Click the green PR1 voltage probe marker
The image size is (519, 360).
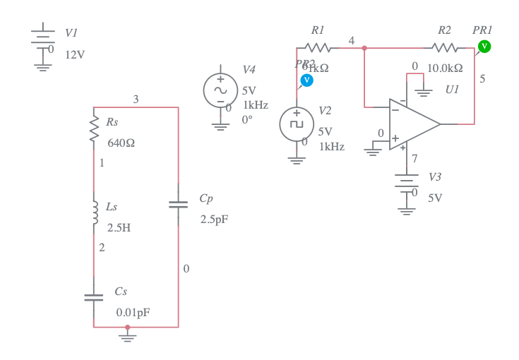pyautogui.click(x=484, y=46)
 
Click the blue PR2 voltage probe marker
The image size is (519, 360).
pyautogui.click(x=306, y=80)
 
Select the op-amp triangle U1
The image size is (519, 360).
pyautogui.click(x=412, y=124)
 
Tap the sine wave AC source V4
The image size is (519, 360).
pyautogui.click(x=220, y=90)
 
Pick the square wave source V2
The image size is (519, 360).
pyautogui.click(x=297, y=124)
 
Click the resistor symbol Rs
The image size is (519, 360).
pyautogui.click(x=93, y=129)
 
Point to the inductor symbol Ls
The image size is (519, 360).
pyautogui.click(x=93, y=212)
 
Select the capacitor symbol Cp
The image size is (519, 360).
pyautogui.click(x=178, y=205)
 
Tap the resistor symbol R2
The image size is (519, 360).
pyautogui.click(x=444, y=48)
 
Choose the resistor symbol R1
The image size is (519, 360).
pyautogui.click(x=318, y=48)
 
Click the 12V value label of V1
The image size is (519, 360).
pyautogui.click(x=75, y=54)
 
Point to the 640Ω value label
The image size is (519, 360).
pyautogui.click(x=121, y=143)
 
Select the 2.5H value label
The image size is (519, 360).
pyautogui.click(x=119, y=228)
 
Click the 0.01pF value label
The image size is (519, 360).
pyautogui.click(x=133, y=312)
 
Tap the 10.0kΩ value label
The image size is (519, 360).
pyautogui.click(x=445, y=68)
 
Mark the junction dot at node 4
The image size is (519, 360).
pyautogui.click(x=364, y=48)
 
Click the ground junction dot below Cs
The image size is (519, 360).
pyautogui.click(x=127, y=327)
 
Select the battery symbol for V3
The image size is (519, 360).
pyautogui.click(x=406, y=181)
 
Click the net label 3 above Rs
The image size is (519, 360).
pyautogui.click(x=136, y=100)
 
